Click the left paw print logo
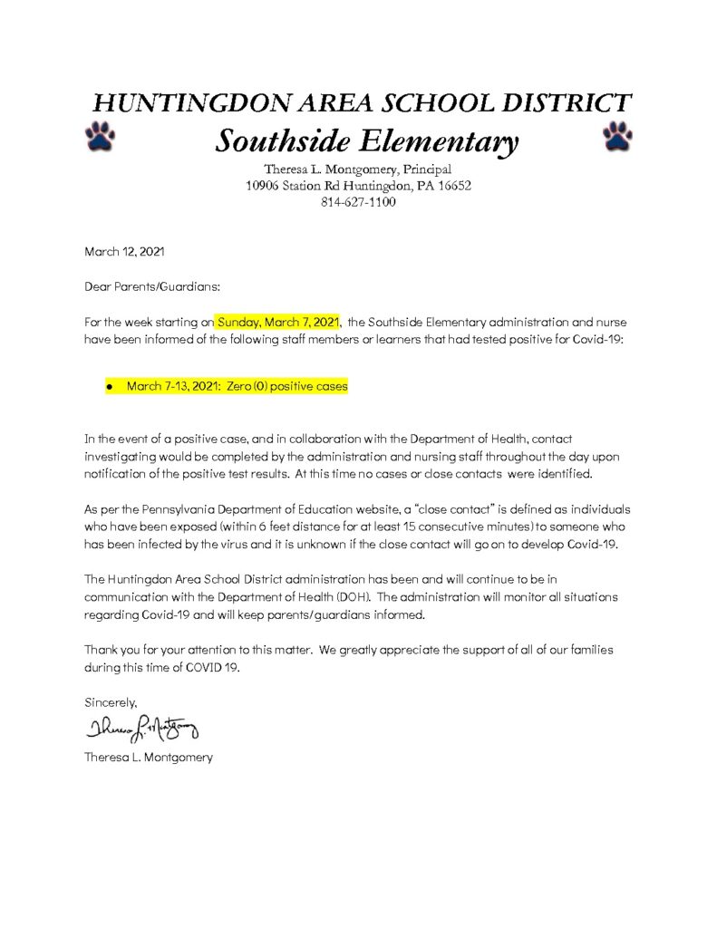(x=100, y=135)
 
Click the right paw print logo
(x=617, y=135)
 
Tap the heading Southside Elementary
(x=366, y=141)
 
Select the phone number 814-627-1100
(x=358, y=202)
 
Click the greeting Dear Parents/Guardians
(x=152, y=286)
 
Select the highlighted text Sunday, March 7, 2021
(x=277, y=322)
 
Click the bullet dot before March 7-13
(x=109, y=387)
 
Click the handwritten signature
(x=141, y=728)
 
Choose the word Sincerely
(x=111, y=701)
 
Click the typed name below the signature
(x=149, y=757)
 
